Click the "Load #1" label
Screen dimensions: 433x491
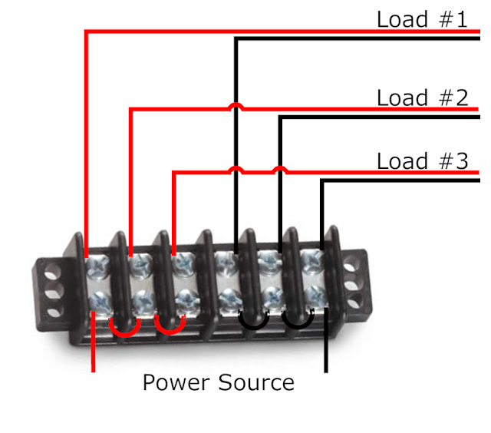click(421, 18)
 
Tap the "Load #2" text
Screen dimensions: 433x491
click(421, 98)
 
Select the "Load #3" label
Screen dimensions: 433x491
click(421, 161)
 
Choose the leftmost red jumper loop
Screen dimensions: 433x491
click(122, 329)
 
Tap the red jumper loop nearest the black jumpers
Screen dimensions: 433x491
click(170, 329)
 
